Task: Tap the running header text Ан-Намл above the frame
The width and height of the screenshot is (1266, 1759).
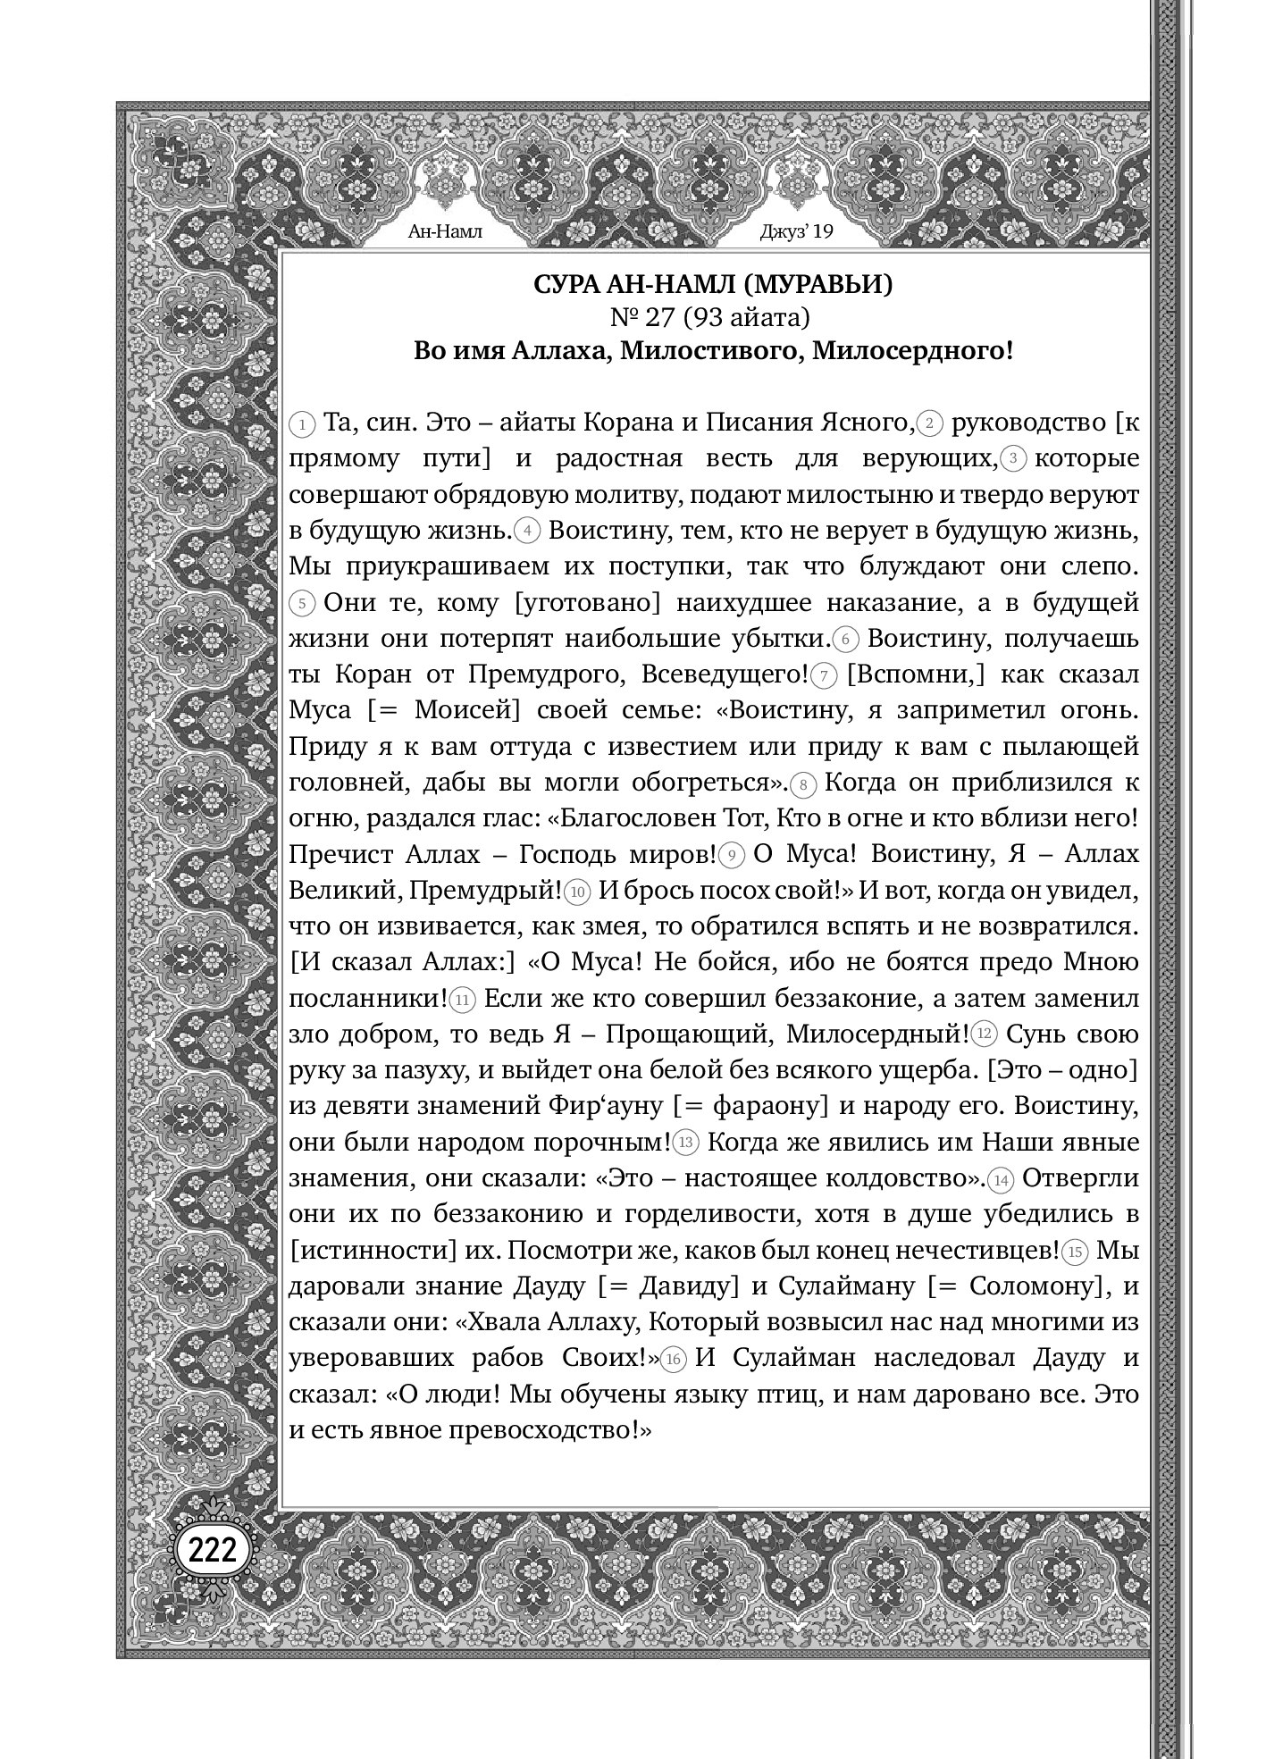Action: click(x=444, y=232)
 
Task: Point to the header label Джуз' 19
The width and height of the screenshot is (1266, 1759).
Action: click(x=795, y=232)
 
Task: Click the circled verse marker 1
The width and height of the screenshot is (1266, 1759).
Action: click(x=304, y=423)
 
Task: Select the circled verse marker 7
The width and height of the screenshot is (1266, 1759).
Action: click(x=825, y=676)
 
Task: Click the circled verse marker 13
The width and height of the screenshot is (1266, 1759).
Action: click(x=686, y=1143)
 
